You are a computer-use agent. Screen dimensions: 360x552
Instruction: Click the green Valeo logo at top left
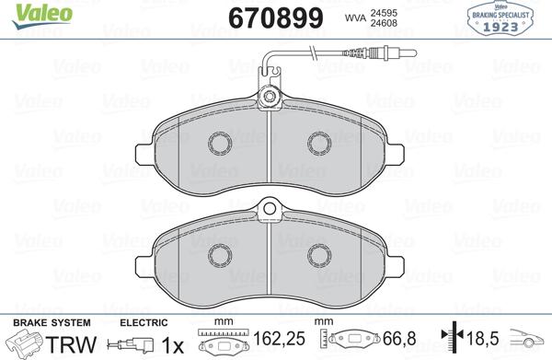click(34, 10)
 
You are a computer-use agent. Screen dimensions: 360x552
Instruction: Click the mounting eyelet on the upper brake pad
click(270, 97)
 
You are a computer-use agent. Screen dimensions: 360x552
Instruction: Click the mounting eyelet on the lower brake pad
click(270, 210)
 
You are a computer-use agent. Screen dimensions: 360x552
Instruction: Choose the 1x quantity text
click(170, 343)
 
